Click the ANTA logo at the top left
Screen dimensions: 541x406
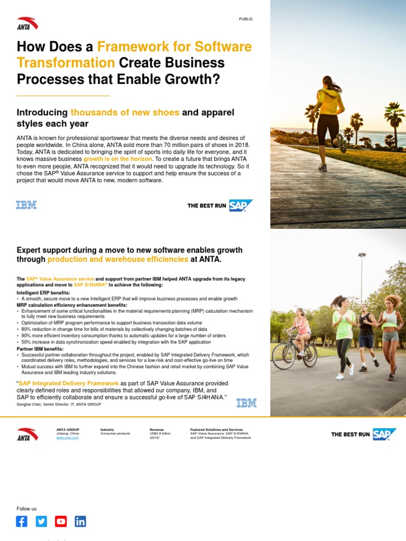coord(27,23)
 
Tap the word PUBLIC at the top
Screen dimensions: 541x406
coord(246,19)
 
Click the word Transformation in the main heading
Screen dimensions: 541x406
coord(66,63)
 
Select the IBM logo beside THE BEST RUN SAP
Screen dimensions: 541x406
coord(26,205)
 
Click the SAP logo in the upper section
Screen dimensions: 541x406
coord(241,206)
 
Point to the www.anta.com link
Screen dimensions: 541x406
coord(67,438)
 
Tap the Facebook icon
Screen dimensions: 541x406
coord(22,521)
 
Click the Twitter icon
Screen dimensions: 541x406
coord(41,521)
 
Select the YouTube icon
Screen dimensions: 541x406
coord(61,521)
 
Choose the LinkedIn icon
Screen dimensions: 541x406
coord(80,521)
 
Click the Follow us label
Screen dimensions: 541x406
coord(26,509)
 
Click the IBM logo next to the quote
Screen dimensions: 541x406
coord(246,403)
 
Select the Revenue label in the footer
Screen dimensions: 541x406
coord(156,430)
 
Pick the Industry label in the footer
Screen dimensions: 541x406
coord(107,430)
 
